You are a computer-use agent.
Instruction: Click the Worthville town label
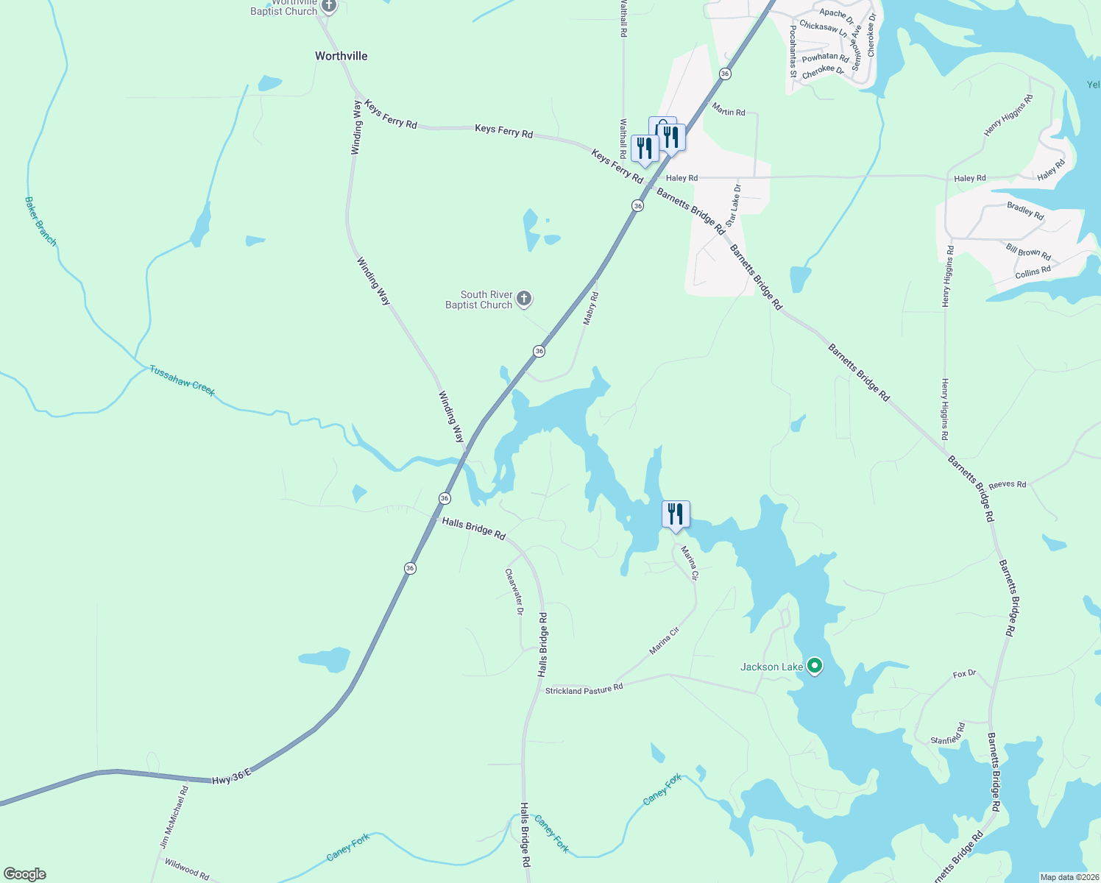(341, 56)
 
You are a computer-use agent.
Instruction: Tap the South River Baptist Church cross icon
(524, 299)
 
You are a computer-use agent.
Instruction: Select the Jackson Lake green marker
(814, 666)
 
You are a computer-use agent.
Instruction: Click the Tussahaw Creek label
(182, 380)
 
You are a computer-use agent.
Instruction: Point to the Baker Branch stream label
(40, 221)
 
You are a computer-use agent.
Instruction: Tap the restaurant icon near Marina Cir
(676, 514)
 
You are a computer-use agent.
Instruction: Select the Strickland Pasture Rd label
(584, 689)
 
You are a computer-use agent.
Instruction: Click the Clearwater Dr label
(514, 592)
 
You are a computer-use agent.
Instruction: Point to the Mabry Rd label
(591, 308)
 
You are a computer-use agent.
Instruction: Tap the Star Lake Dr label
(734, 206)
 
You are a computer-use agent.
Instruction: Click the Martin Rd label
(729, 111)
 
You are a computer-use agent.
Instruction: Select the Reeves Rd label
(1007, 484)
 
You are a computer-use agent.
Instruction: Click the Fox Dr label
(964, 674)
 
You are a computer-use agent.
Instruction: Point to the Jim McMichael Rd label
(174, 817)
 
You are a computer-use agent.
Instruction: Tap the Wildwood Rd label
(187, 869)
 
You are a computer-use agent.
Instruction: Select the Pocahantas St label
(793, 52)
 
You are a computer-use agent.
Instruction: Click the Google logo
(25, 874)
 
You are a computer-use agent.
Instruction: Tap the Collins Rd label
(1033, 272)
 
